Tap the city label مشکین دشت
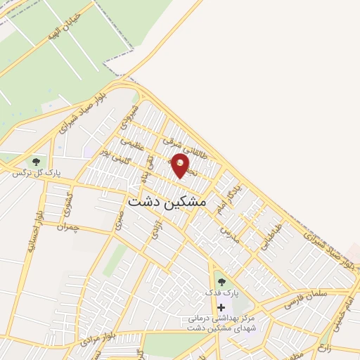tap(167, 201)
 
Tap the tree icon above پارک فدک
tap(221, 282)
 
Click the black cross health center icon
tap(221, 307)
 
